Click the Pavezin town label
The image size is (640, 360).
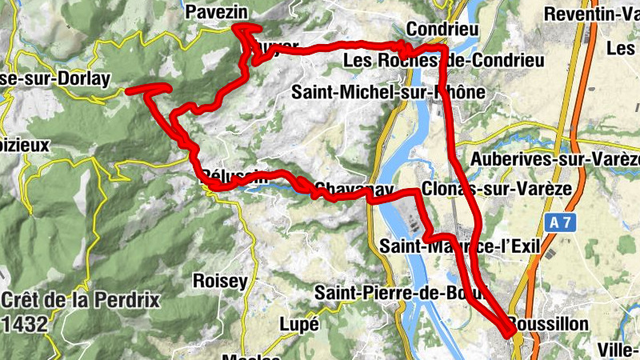(x=216, y=12)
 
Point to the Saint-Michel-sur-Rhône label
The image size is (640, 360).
(x=388, y=92)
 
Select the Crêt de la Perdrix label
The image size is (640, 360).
(x=81, y=302)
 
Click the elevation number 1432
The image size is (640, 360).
(x=26, y=324)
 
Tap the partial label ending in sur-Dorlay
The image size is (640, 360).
(x=61, y=81)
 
